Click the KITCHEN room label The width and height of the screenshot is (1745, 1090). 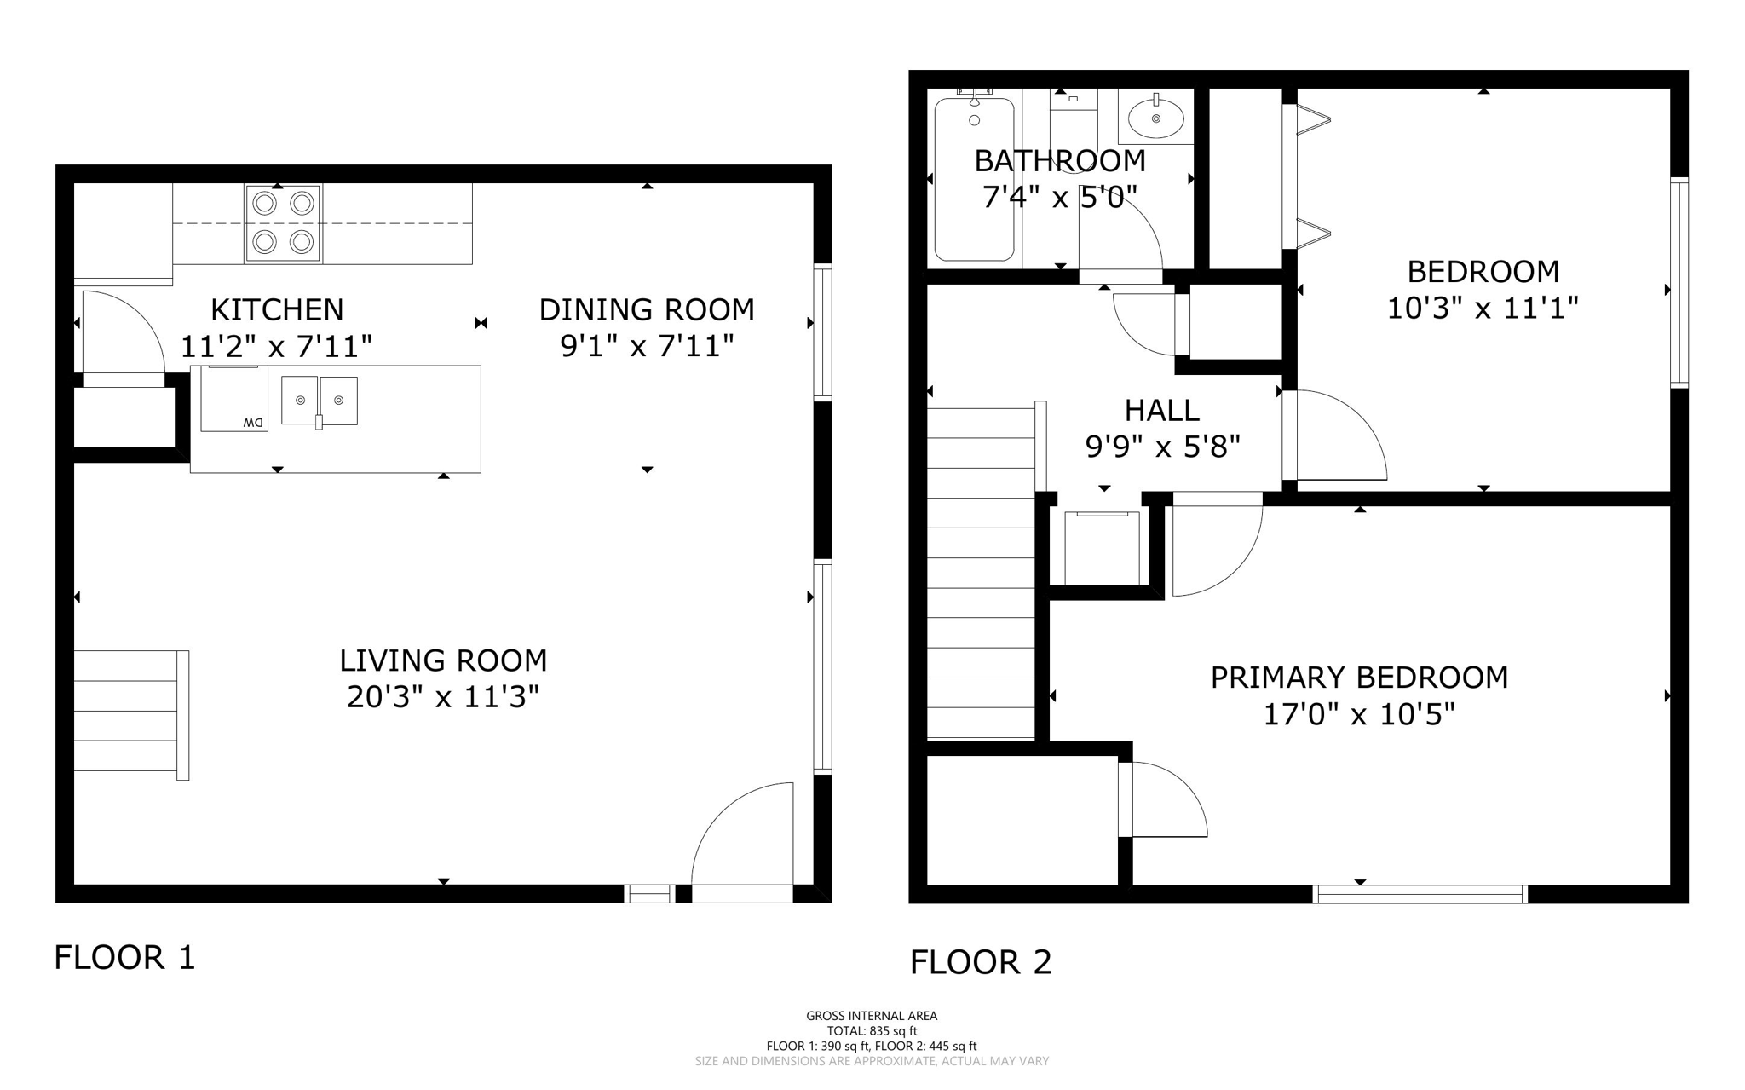(x=277, y=309)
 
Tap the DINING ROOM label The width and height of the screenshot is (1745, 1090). (x=647, y=309)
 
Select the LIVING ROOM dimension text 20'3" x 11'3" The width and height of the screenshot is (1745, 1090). (x=443, y=697)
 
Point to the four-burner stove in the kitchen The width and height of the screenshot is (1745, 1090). (x=284, y=223)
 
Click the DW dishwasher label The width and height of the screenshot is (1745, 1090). (x=254, y=422)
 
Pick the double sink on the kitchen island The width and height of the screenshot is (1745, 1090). (x=320, y=401)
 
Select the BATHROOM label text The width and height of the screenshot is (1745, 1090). (x=1060, y=160)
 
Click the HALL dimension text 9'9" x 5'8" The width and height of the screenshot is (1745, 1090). (x=1162, y=446)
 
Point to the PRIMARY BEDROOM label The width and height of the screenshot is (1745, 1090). (x=1359, y=678)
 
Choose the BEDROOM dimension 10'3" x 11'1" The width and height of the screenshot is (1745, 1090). (x=1483, y=308)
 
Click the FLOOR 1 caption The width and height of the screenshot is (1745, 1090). (x=125, y=957)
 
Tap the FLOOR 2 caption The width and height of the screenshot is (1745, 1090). (x=981, y=962)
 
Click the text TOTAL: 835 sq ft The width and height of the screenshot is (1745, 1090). (x=872, y=1031)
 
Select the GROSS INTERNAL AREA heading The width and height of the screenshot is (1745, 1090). (x=872, y=1016)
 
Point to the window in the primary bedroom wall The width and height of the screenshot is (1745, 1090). (x=1420, y=894)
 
